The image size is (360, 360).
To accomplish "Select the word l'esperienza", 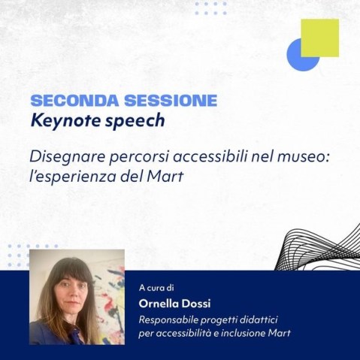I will (x=71, y=179).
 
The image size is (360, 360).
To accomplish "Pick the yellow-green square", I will (x=319, y=38).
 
